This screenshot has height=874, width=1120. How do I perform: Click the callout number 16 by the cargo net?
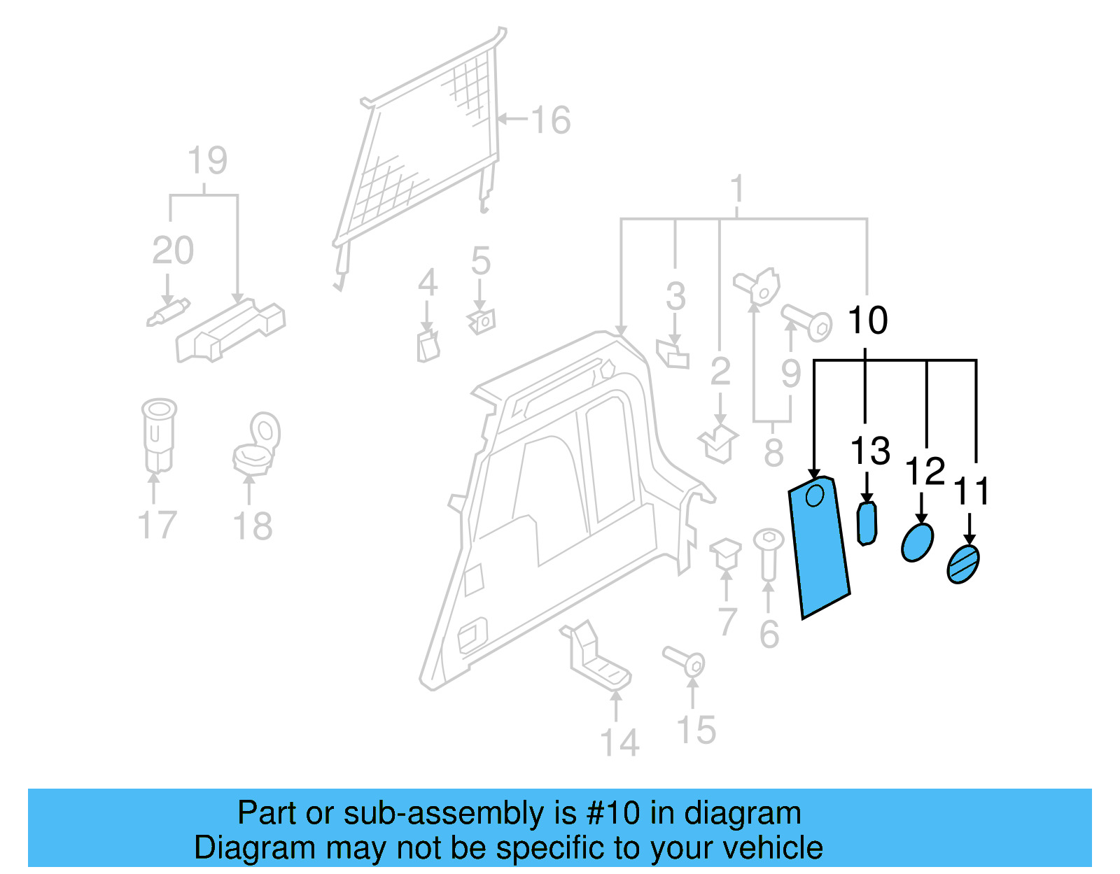(x=551, y=120)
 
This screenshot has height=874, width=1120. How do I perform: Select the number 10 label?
(x=867, y=320)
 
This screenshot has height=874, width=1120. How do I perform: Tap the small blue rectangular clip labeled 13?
(x=867, y=523)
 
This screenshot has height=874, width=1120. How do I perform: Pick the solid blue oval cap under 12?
(x=917, y=542)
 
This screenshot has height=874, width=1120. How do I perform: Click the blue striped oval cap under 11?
(x=963, y=564)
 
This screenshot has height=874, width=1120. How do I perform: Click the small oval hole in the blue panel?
(x=815, y=495)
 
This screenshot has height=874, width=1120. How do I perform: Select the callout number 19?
(x=207, y=161)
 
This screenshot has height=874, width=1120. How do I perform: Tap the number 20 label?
(x=173, y=251)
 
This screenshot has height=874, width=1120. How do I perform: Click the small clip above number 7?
(x=726, y=552)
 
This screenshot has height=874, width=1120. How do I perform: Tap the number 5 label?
(x=480, y=261)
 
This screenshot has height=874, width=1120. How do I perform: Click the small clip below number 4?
(x=428, y=346)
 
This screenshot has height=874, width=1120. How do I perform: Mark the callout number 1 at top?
(x=736, y=189)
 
